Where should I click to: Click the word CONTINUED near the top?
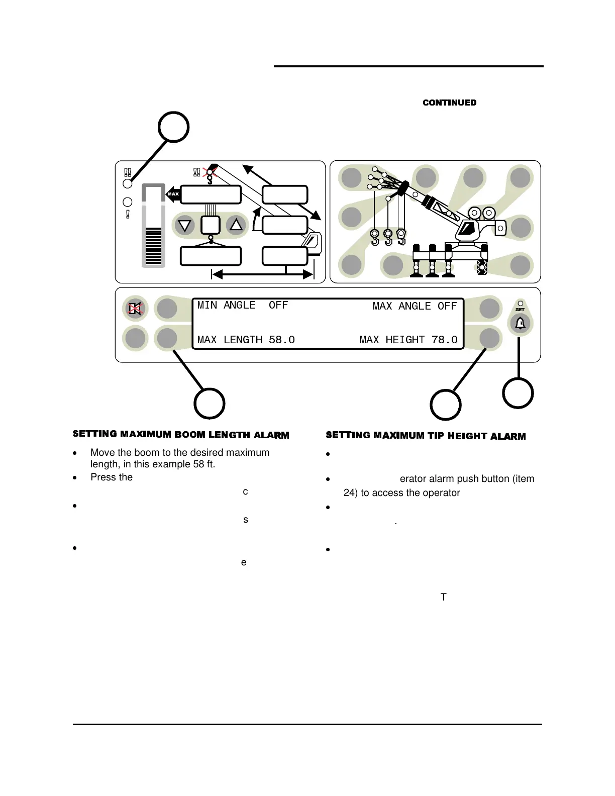[x=449, y=103]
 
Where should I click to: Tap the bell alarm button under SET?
[x=520, y=323]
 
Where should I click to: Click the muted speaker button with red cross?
[x=135, y=308]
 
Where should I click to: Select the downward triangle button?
[x=185, y=225]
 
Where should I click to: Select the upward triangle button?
[x=236, y=225]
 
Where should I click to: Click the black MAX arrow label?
[x=173, y=194]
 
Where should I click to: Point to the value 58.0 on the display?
[x=281, y=340]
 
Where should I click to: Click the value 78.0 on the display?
[x=444, y=340]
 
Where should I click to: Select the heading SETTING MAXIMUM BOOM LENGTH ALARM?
[x=181, y=435]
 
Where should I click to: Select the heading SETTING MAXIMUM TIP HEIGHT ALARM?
[x=426, y=436]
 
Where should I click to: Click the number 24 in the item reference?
[x=349, y=493]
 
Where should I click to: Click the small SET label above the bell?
[x=520, y=310]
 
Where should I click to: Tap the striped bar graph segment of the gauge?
[x=153, y=246]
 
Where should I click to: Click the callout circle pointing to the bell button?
[x=518, y=393]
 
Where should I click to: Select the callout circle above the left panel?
[x=173, y=127]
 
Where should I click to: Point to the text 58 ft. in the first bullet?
[x=204, y=464]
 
